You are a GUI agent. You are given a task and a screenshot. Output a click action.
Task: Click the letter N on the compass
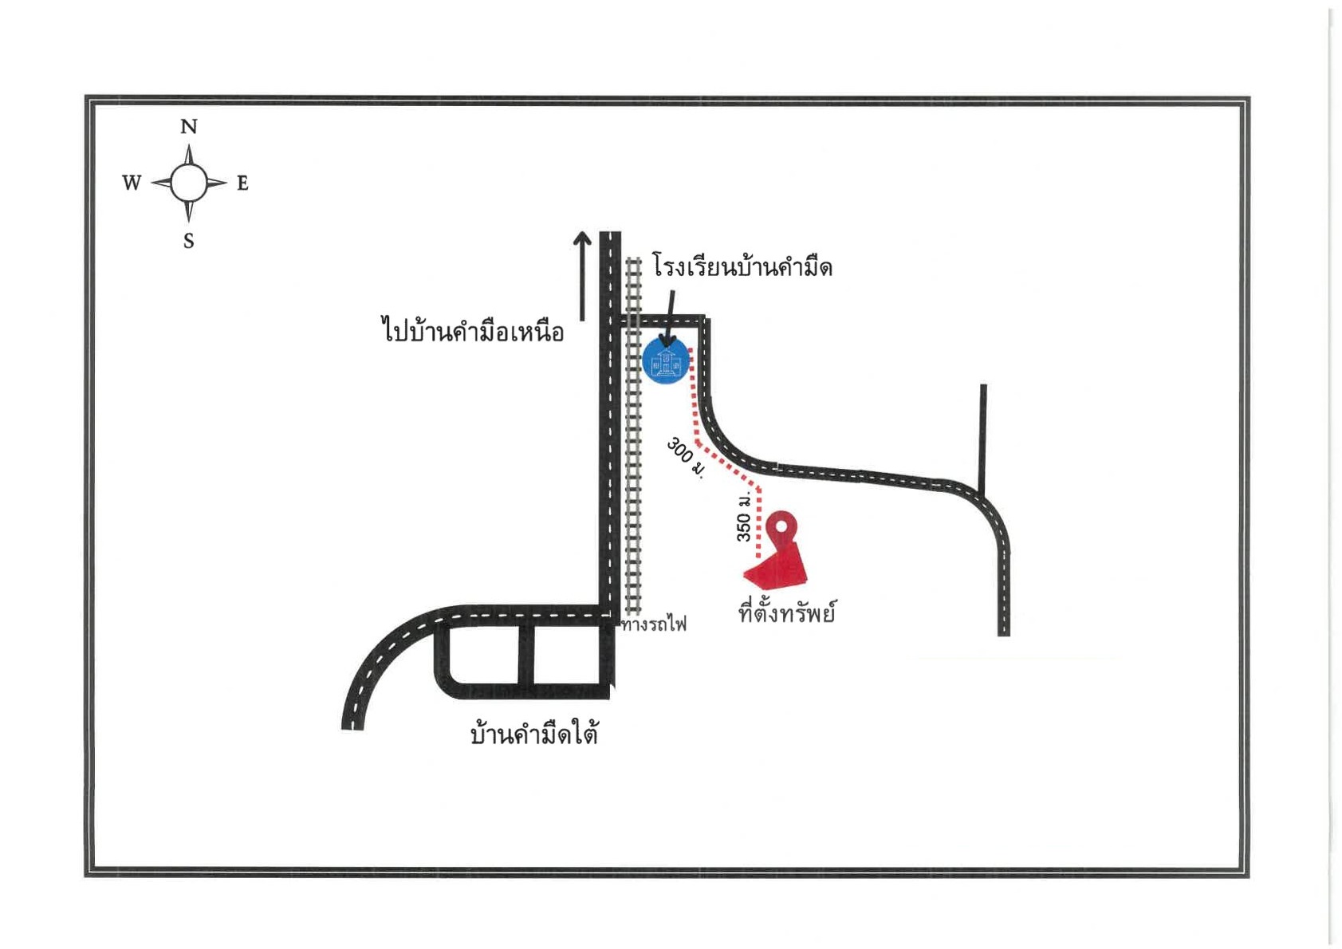point(189,127)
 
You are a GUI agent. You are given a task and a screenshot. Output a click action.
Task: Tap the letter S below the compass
point(189,241)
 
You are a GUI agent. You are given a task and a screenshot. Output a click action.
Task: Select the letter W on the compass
point(132,182)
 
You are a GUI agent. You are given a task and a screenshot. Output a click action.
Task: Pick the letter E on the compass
point(242,183)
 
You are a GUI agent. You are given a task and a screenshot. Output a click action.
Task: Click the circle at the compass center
point(189,183)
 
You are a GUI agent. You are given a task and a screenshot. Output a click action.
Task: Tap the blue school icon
point(666,360)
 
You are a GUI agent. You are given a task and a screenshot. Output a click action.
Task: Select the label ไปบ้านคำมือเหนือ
point(473,331)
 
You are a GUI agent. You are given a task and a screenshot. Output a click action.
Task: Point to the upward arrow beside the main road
point(582,276)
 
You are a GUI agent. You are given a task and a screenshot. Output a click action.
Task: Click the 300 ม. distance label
point(686,459)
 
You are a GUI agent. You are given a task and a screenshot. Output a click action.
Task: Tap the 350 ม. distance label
point(743,517)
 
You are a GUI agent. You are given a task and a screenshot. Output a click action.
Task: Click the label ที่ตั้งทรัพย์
point(787,612)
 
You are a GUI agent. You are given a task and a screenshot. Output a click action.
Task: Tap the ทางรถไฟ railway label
point(654,624)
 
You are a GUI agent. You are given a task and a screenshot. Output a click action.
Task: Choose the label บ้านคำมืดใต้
point(534,734)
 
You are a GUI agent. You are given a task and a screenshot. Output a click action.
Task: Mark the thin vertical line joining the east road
point(983,440)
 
